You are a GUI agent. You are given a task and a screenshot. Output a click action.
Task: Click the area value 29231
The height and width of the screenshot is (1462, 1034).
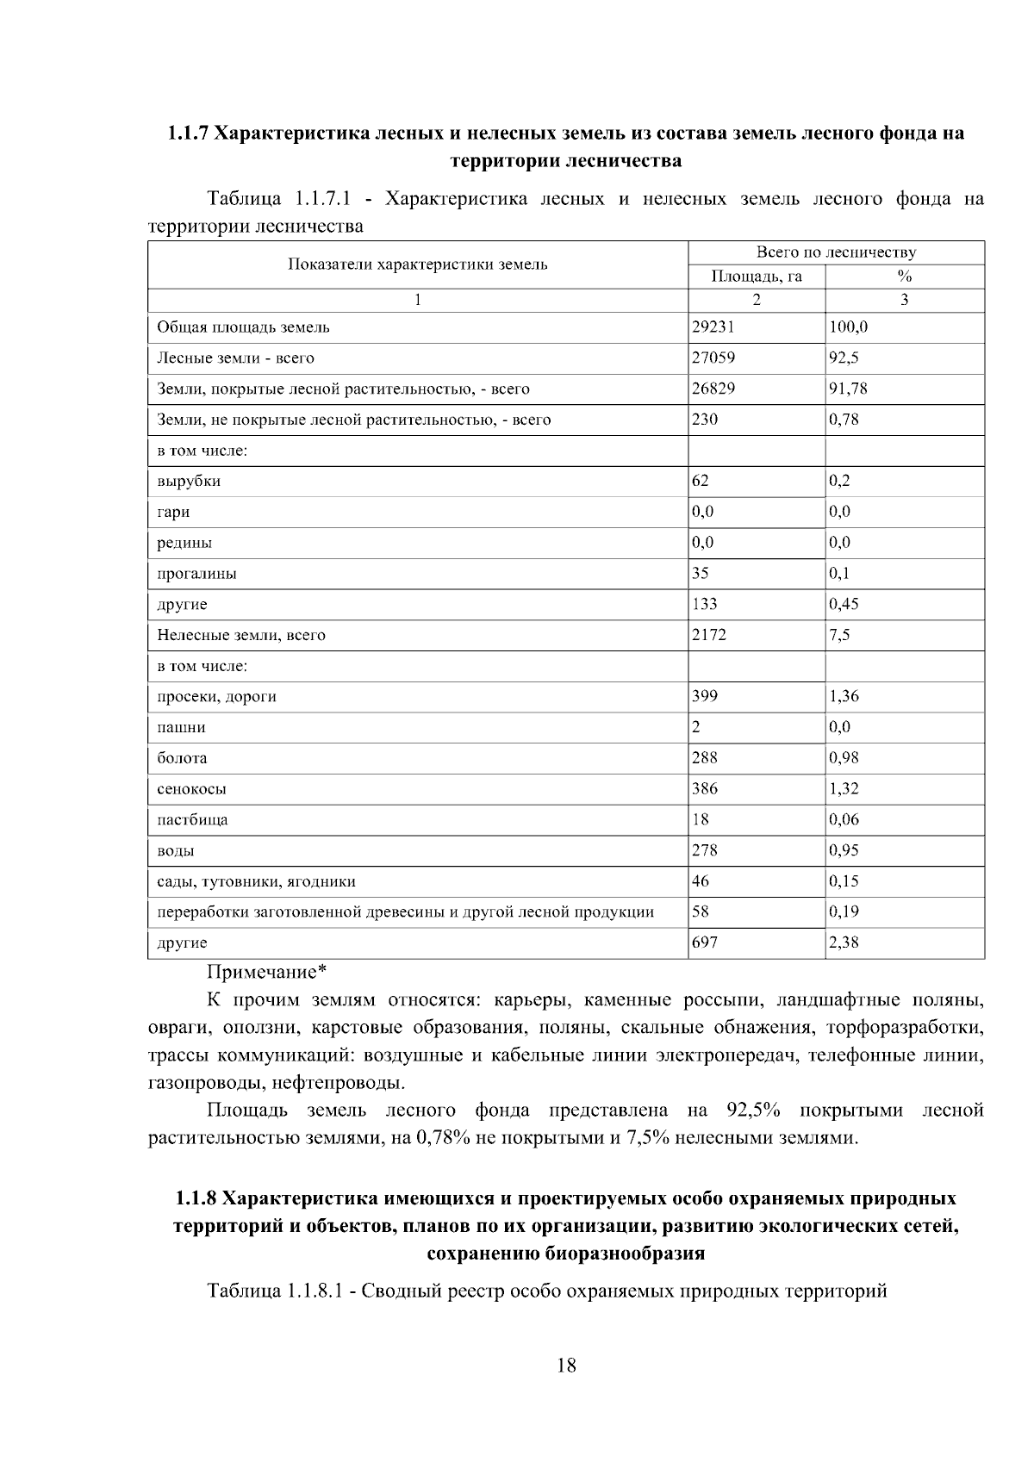713,327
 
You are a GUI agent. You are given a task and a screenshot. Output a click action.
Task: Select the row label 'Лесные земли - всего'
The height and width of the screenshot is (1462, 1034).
235,358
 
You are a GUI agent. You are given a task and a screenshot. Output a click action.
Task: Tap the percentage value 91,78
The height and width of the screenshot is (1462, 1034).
848,389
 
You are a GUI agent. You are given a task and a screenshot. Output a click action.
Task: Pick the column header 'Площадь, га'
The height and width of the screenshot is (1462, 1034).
756,277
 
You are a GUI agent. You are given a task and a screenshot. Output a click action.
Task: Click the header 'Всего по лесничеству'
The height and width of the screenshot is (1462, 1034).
836,252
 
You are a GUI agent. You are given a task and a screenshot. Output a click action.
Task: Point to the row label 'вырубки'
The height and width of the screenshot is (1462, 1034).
189,482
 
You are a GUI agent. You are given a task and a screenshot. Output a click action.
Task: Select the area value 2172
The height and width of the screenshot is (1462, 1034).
709,635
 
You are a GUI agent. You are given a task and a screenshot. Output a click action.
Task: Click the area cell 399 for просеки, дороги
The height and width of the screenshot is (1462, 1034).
705,696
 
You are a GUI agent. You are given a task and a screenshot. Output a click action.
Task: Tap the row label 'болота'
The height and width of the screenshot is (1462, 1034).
182,758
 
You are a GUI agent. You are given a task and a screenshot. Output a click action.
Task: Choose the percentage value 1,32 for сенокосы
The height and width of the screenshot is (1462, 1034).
844,788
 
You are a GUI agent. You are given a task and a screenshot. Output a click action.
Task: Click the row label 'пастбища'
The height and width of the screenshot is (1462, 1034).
192,819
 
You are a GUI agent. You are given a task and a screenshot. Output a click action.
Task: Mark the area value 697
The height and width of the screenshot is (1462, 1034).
705,943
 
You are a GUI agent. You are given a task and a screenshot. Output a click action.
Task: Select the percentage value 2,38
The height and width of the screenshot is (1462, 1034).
844,943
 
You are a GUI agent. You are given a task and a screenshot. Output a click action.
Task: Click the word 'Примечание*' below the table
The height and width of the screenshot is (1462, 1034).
266,973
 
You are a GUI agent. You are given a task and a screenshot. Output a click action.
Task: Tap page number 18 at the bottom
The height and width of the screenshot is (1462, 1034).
566,1366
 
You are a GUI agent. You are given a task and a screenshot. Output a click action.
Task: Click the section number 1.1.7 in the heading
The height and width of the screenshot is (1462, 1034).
187,134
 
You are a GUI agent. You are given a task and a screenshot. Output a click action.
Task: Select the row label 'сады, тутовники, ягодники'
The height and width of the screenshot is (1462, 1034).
256,881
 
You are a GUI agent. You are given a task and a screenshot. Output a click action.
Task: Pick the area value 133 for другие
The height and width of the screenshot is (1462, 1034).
705,604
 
